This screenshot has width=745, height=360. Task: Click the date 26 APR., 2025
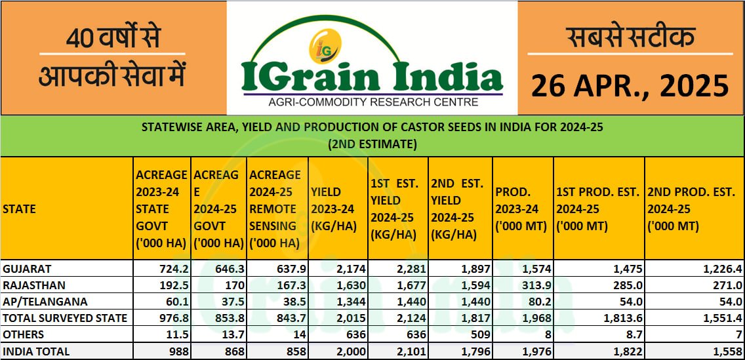click(x=630, y=86)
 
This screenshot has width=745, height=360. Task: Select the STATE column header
click(x=19, y=209)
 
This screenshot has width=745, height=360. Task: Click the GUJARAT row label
click(x=27, y=268)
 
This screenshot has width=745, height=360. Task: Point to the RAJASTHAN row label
click(x=31, y=285)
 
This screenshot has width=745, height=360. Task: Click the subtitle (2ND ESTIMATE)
click(x=372, y=144)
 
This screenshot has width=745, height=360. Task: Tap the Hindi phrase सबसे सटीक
click(x=630, y=38)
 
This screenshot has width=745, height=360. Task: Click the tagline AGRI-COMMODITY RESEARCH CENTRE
click(x=373, y=102)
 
